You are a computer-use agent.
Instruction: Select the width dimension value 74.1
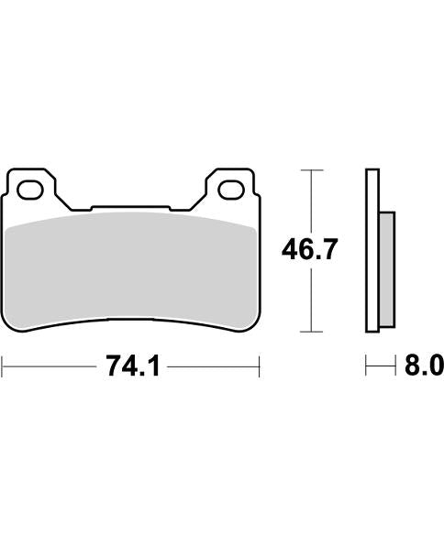pos(134,368)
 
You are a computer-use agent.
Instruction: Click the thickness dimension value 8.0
pos(424,368)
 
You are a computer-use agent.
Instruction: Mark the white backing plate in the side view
pos(372,252)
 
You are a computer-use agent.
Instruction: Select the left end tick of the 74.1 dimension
pos(3,368)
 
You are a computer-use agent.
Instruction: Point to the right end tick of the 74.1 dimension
pos(261,368)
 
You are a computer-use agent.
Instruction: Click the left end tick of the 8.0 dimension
pos(367,368)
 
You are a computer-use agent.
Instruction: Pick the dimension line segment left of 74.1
pos(50,368)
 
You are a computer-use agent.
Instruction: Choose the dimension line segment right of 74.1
pos(216,368)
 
